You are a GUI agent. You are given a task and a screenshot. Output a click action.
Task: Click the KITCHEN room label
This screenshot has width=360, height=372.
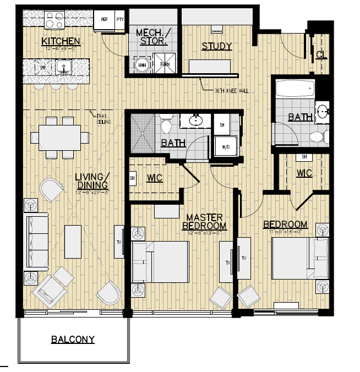pos(61,42)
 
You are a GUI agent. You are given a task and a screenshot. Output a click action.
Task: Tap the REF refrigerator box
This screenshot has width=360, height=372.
pos(104,19)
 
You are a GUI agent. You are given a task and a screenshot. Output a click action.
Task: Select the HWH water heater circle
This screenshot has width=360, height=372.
pos(142,65)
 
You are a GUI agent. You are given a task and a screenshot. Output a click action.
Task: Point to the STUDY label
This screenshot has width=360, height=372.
pos(216,46)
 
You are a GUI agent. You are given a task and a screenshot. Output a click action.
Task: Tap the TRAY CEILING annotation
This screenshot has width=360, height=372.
pos(103,118)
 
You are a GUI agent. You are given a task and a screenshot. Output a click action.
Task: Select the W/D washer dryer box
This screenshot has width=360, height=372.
pos(226,147)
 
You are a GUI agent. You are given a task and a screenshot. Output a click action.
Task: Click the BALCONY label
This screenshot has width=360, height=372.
pos(73,340)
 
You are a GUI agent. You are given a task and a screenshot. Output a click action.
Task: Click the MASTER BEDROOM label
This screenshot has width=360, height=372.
pos(204,222)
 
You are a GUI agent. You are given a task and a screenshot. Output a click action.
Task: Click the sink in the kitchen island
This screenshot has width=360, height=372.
pos(64,68)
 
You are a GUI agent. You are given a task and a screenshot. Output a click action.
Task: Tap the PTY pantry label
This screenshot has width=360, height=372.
pos(121,19)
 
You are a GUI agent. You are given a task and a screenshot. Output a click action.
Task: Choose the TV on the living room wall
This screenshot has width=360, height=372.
pos(119,241)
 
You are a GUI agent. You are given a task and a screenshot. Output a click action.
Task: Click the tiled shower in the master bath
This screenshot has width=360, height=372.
pos(143,134)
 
